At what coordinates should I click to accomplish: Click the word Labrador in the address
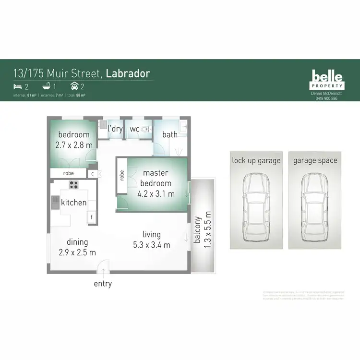pos(128,73)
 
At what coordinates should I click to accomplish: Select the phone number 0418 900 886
pos(326,98)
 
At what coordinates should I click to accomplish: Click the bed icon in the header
pos(17,86)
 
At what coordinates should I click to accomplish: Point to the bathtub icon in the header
pos(47,86)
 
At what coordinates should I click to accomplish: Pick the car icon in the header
pos(75,86)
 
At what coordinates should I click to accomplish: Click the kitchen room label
pos(74,203)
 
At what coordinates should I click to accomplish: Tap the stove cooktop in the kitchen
pos(74,184)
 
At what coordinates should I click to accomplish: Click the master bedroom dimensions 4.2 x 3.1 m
pos(156,193)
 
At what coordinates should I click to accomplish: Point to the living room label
pos(151,234)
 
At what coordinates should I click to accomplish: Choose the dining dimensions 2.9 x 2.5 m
pos(77,252)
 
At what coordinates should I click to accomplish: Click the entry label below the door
pos(103,284)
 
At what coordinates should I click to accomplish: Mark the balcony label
pos(197,229)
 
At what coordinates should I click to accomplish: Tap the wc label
pos(134,129)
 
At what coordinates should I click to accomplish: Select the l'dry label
pos(115,129)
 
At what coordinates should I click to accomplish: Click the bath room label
pos(169,134)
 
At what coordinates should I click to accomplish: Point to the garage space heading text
pos(315,160)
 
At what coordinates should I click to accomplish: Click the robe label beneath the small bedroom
pos(69,173)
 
